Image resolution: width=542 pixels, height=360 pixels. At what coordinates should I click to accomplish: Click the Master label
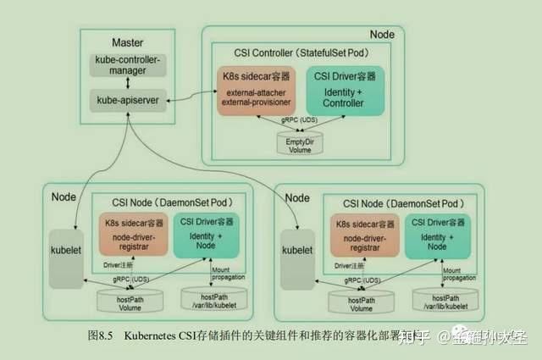pos(127,42)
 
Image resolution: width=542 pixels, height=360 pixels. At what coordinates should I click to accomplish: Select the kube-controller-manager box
pos(127,64)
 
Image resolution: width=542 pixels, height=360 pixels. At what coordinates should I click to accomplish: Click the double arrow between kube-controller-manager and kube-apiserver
pos(127,83)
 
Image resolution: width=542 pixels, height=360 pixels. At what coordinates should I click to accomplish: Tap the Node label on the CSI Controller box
pos(382,35)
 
